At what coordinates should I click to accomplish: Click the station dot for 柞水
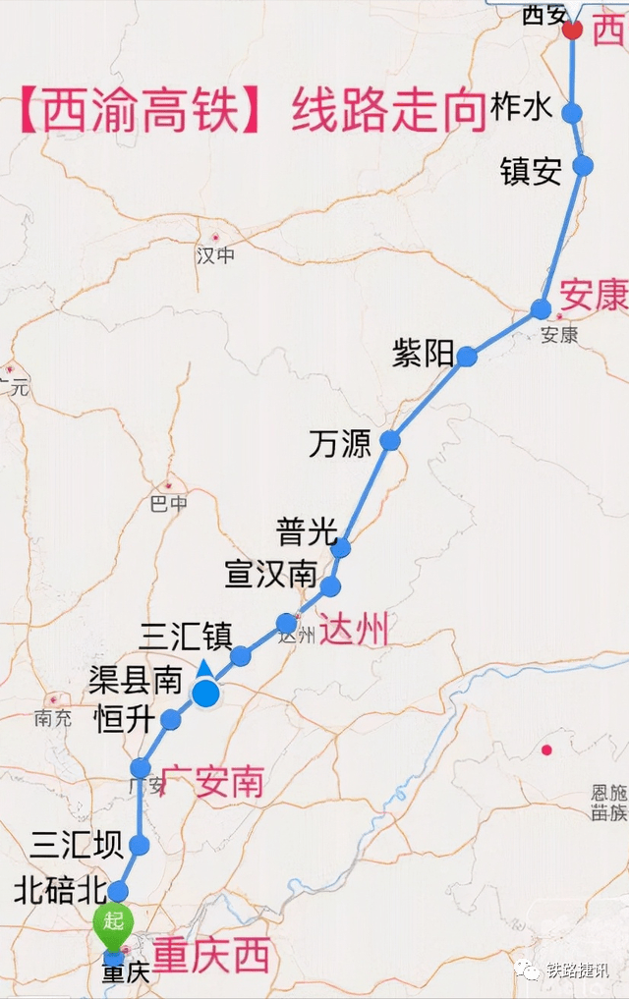572,113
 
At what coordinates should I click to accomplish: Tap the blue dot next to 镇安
583,165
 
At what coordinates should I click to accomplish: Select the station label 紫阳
423,354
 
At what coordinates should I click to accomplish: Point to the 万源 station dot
390,441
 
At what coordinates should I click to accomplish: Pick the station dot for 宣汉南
330,586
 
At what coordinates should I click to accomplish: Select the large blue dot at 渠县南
205,694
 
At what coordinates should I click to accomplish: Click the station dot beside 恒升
171,720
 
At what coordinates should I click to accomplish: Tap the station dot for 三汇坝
139,845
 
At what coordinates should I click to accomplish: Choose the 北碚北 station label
59,891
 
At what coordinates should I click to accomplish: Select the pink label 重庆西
210,956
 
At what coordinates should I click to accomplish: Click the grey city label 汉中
216,255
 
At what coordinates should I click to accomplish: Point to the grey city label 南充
52,717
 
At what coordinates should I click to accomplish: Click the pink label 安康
594,295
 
